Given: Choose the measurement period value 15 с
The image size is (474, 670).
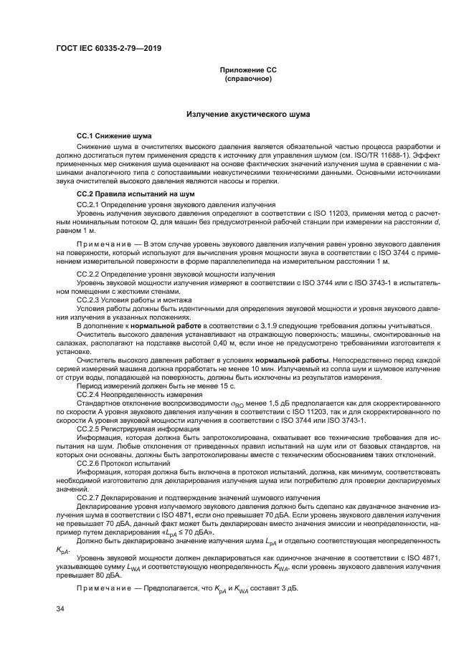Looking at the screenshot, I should point(201,386).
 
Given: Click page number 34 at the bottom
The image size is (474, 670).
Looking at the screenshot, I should point(60,609).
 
